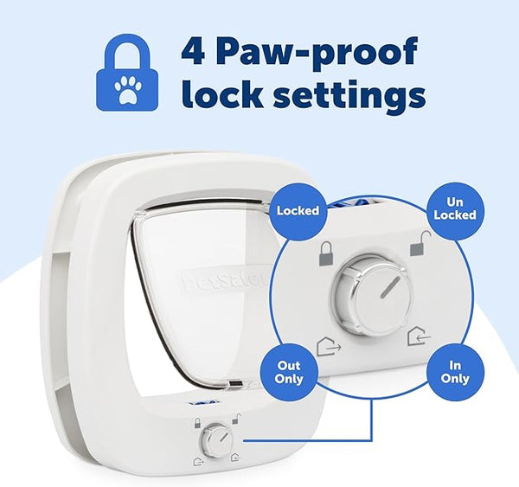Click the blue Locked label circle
[298, 210]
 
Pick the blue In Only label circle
[454, 372]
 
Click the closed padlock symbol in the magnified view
[326, 253]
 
